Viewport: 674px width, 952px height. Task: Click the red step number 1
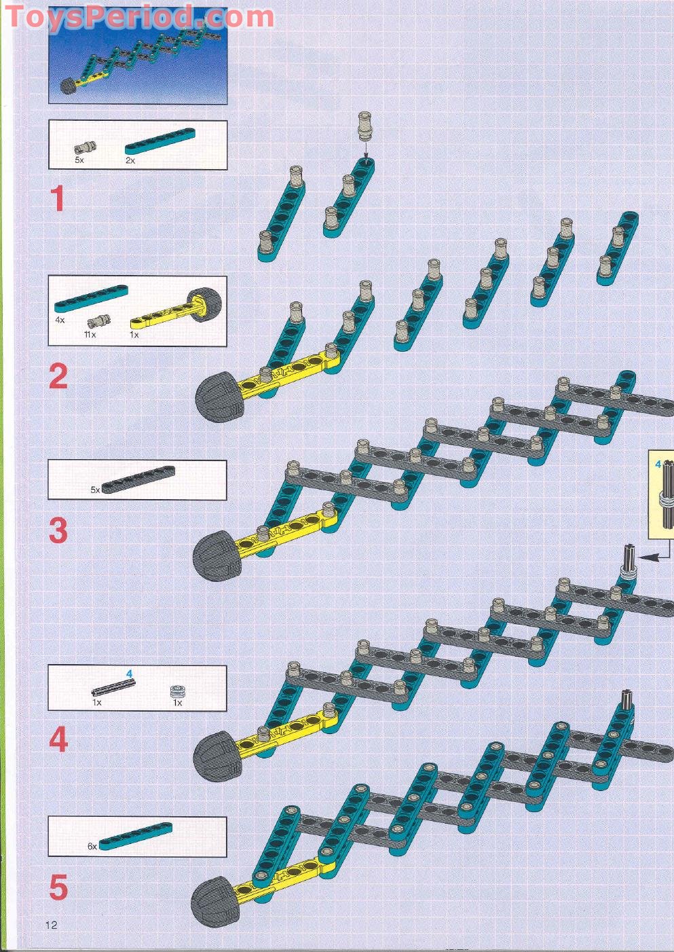point(58,198)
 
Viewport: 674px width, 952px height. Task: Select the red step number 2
point(58,376)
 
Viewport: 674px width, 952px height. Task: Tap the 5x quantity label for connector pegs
point(79,160)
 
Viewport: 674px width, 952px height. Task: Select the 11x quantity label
point(90,335)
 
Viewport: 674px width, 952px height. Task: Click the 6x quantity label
point(92,846)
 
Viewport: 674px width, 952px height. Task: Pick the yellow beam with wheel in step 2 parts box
point(176,310)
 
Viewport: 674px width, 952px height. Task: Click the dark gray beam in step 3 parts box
point(138,479)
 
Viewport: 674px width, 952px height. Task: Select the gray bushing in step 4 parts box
point(176,691)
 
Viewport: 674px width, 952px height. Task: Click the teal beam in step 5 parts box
point(136,836)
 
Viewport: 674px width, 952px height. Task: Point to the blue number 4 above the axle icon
point(130,673)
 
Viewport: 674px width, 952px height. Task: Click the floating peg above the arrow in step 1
point(364,126)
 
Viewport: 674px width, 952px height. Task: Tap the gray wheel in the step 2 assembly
point(220,397)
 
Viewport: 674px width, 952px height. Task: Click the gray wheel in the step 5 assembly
point(215,903)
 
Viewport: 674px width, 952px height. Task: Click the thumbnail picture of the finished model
point(138,56)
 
